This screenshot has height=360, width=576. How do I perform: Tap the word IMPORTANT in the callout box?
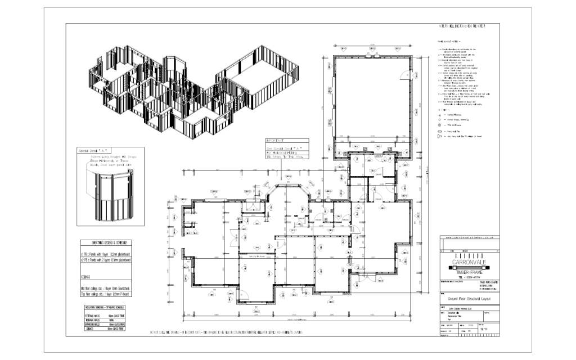(x=276, y=141)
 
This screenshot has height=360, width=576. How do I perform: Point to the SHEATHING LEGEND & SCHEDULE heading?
(x=105, y=242)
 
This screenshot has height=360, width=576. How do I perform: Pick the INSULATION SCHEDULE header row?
(x=105, y=308)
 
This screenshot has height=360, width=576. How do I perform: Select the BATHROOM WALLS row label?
(x=90, y=325)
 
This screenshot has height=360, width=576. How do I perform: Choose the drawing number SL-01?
(x=484, y=331)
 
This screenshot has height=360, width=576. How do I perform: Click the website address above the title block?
(x=470, y=238)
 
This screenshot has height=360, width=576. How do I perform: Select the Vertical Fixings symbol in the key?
(x=440, y=114)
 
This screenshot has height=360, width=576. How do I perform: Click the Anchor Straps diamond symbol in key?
(x=440, y=120)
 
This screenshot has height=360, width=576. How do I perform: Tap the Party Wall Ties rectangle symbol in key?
(x=440, y=130)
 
